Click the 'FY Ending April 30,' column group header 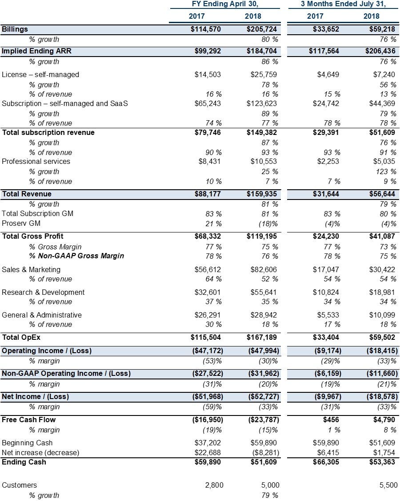(x=225, y=4)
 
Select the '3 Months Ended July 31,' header (x=343, y=4)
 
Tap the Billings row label (x=15, y=29)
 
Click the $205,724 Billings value (x=262, y=29)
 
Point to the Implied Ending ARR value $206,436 (x=380, y=51)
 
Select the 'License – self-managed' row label (x=40, y=74)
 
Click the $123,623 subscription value (x=262, y=103)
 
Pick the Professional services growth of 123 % (x=386, y=171)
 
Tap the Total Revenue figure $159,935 (x=262, y=194)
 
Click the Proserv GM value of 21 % (x=213, y=224)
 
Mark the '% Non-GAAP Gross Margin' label (x=76, y=256)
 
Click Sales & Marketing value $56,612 (x=208, y=270)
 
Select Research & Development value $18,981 (x=382, y=292)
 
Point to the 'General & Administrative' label (x=42, y=315)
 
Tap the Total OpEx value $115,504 (x=206, y=338)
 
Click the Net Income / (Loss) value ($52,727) (x=264, y=396)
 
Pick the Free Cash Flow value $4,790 (x=384, y=420)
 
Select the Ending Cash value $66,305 (x=326, y=462)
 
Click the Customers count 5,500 (x=388, y=485)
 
